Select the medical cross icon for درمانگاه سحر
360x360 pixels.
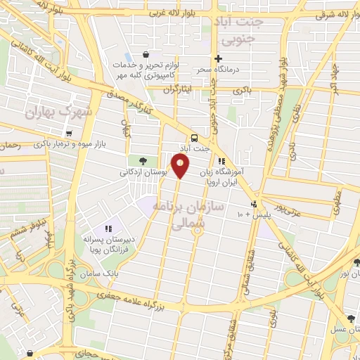pos(219,59)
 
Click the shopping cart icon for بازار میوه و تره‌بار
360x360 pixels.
pos(68,133)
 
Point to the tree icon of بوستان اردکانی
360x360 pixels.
pos(143,161)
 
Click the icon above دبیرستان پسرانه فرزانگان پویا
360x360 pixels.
pos(108,229)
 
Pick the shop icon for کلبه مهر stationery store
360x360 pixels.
pos(145,55)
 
